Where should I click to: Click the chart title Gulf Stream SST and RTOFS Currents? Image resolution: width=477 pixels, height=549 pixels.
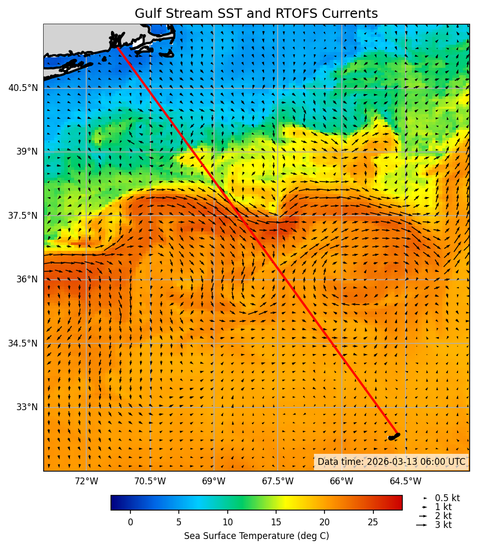coord(256,14)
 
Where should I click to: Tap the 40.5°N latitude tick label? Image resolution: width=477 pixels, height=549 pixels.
coord(23,88)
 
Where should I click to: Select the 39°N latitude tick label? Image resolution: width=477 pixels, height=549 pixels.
coord(27,151)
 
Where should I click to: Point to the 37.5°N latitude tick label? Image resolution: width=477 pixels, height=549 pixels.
coord(23,216)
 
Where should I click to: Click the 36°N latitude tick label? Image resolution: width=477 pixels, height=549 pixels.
coord(27,279)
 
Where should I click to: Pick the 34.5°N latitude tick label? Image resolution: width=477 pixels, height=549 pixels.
coord(23,343)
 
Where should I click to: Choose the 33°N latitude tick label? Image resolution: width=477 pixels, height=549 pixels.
coord(27,407)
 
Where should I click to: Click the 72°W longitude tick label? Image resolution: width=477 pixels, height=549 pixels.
coord(86,481)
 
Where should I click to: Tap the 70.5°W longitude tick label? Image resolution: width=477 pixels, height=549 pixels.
coord(150,481)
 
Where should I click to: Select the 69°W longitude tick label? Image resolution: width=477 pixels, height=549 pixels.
coord(214,481)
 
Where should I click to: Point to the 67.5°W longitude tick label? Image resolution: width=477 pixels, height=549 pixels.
coord(278,481)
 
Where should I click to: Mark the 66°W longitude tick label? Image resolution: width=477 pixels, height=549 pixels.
coord(341,481)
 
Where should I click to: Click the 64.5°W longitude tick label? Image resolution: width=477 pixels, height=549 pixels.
coord(405,481)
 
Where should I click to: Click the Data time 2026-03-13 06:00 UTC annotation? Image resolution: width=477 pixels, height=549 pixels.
coord(391,462)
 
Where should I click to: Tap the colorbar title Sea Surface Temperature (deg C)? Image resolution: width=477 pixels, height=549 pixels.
coord(256,536)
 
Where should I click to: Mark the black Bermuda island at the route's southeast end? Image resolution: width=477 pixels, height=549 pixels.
coord(394,436)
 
